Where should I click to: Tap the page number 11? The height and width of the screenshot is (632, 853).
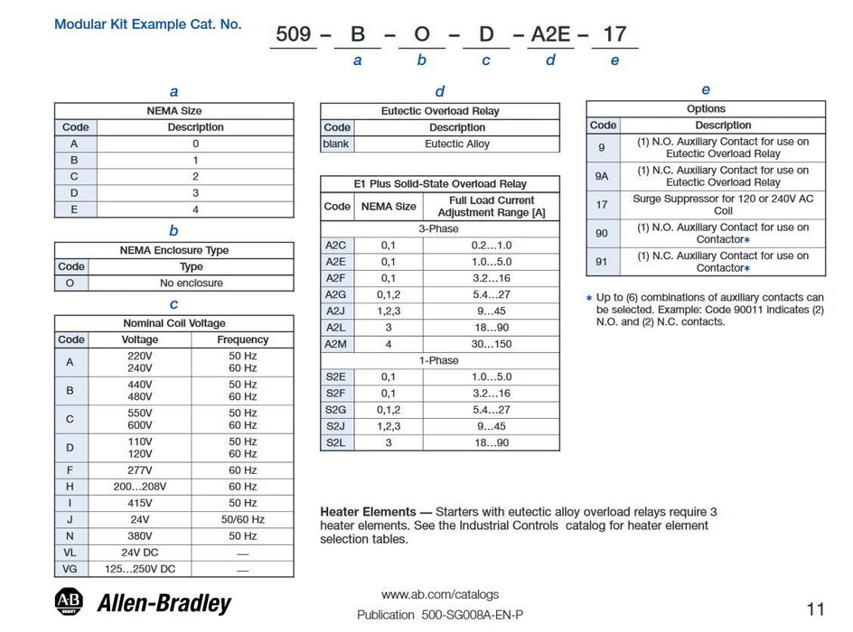(x=814, y=609)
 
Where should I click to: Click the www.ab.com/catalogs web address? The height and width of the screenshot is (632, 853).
(x=439, y=595)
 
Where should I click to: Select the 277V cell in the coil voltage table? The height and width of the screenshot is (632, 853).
(x=139, y=470)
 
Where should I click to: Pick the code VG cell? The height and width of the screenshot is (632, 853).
(x=70, y=569)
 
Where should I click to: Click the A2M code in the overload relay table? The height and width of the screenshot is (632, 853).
(x=336, y=344)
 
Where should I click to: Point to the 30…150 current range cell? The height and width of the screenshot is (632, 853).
(x=492, y=344)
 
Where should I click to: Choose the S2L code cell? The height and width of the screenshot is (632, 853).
(x=336, y=442)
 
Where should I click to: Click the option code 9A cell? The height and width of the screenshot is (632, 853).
(x=602, y=176)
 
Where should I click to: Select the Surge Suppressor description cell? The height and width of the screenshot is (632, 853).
(x=723, y=204)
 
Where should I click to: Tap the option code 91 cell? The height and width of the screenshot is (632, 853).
(x=602, y=262)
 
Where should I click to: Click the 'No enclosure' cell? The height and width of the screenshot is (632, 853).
(x=192, y=283)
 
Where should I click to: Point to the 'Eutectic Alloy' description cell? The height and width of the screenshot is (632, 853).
(x=457, y=144)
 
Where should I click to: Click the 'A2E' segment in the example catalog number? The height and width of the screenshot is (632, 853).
(x=549, y=34)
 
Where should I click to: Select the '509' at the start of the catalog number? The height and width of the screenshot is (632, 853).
(x=294, y=34)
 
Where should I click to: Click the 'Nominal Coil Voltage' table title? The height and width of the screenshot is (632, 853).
(x=173, y=323)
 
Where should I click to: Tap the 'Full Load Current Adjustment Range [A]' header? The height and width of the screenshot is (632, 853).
(x=492, y=206)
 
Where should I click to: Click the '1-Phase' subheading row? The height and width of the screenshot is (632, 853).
(x=439, y=360)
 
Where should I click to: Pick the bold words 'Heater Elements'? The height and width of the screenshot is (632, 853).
(x=368, y=512)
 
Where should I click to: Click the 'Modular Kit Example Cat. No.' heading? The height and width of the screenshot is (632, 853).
(x=148, y=24)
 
